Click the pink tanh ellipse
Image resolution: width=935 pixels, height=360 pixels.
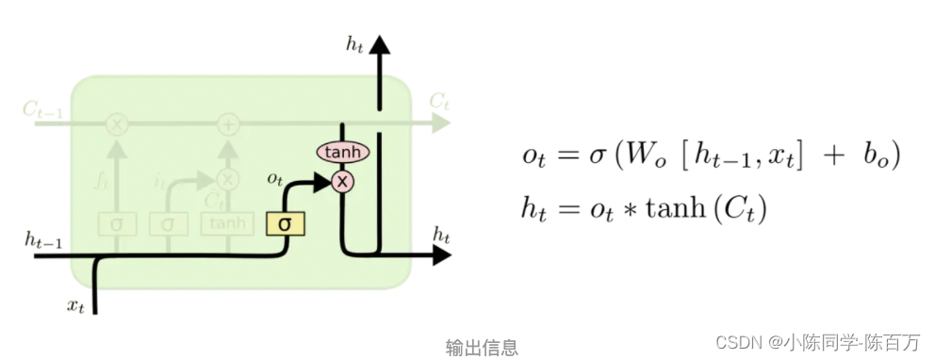point(342,153)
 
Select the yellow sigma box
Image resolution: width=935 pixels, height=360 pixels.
point(283,223)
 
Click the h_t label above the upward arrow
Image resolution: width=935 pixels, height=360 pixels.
point(354,42)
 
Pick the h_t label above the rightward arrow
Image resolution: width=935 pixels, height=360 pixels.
point(440,232)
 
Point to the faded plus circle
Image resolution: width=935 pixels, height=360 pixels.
point(228,123)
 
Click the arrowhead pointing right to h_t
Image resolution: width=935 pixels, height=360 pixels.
point(441,254)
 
